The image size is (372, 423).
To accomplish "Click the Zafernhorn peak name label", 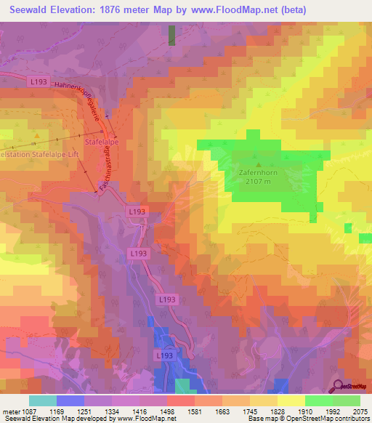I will coord(258,173).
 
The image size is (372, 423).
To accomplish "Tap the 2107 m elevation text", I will coord(259,182).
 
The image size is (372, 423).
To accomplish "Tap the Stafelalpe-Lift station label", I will coord(36,153).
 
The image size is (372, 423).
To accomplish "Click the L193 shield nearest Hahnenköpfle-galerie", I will coord(39,83).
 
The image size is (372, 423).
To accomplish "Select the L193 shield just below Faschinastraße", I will coord(137,211).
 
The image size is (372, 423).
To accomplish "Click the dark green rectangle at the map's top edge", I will coord(171,35).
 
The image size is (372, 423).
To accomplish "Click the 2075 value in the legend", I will coord(360,411).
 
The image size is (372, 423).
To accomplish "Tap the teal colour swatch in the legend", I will coord(43,400).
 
